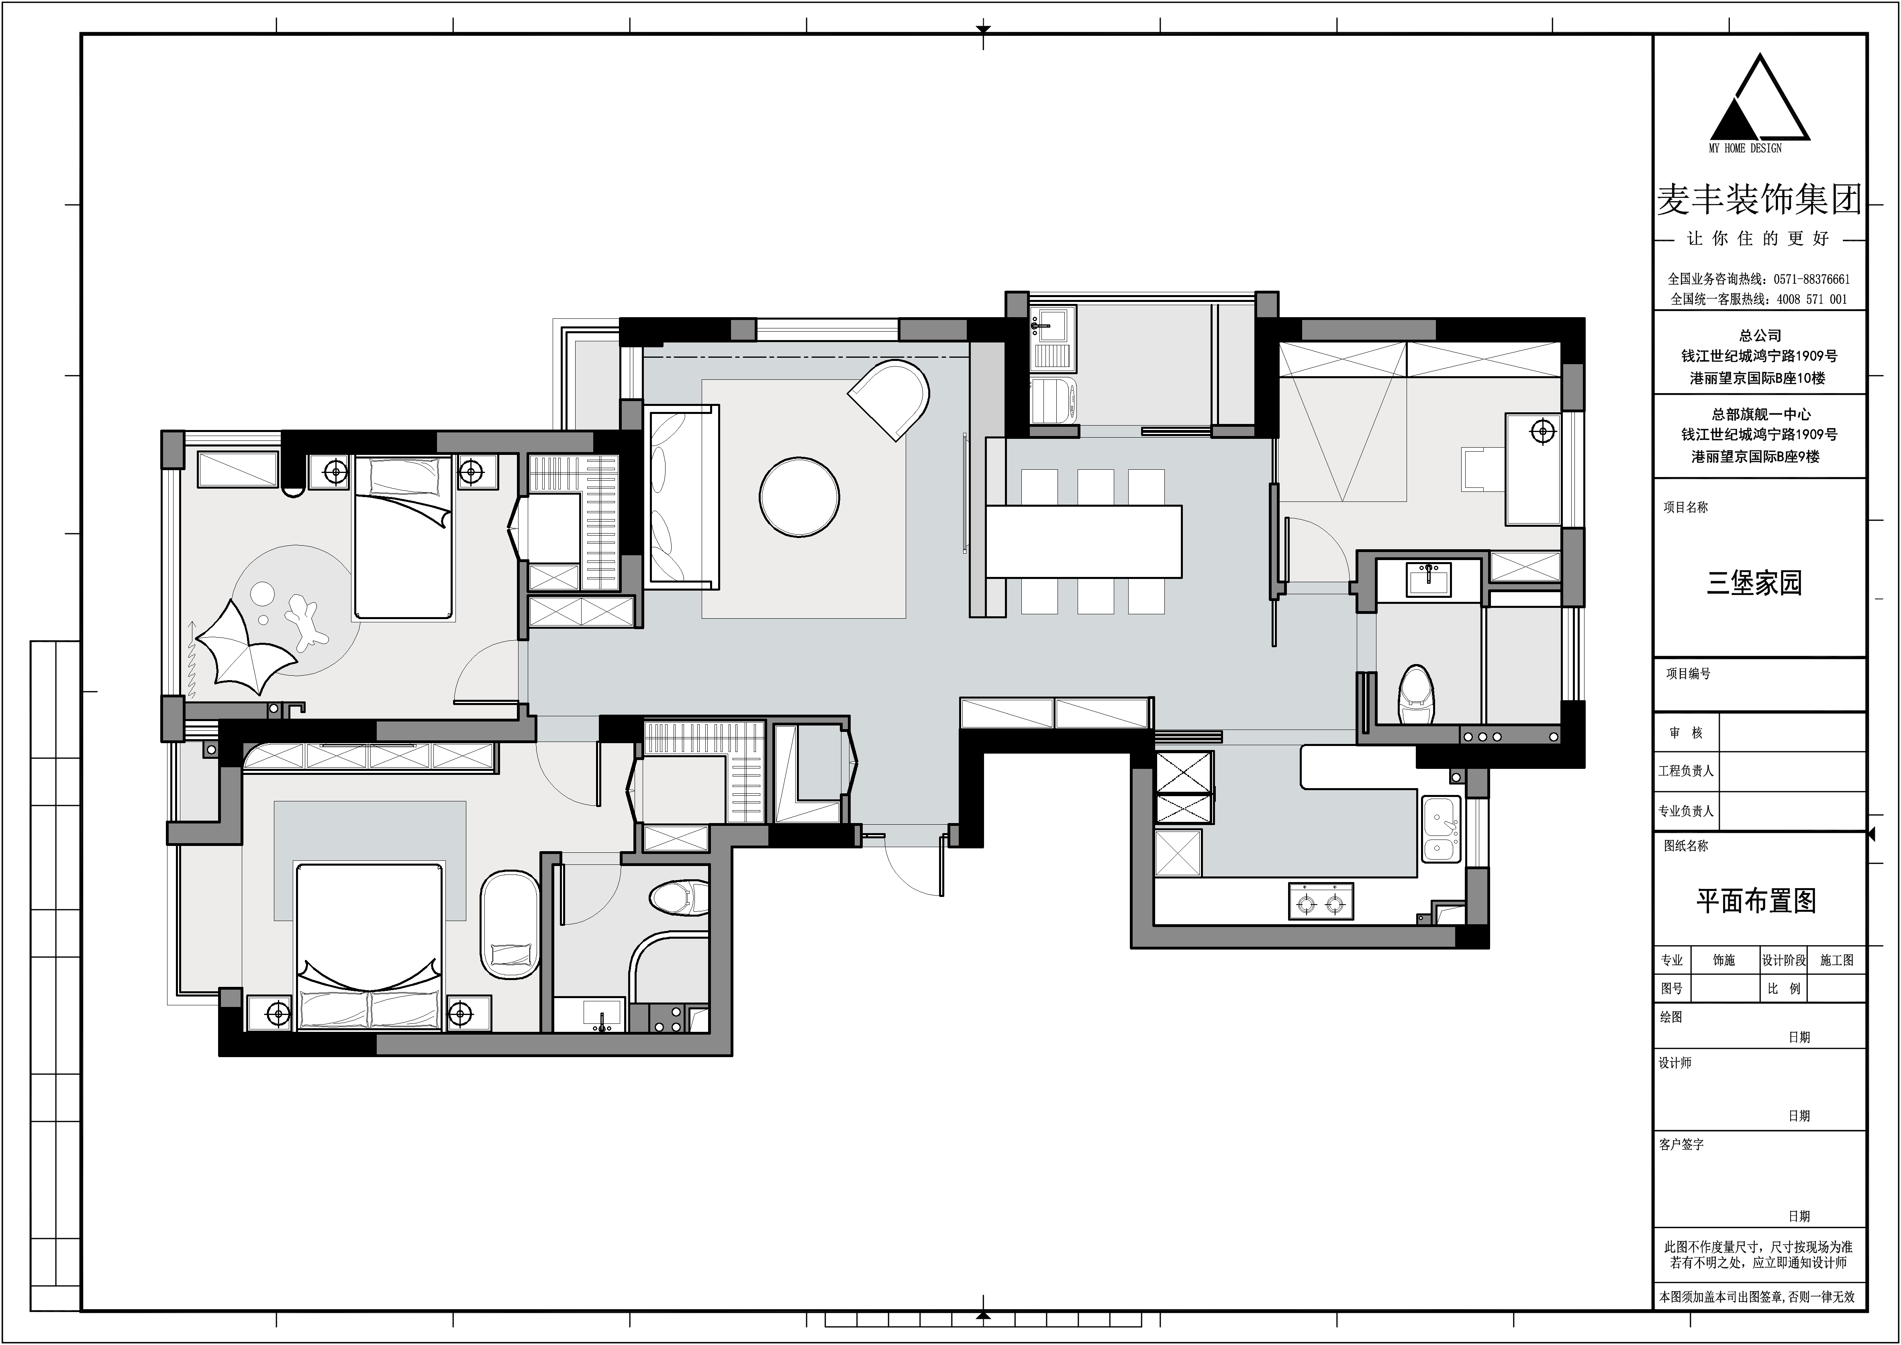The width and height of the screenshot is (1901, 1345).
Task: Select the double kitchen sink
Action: [1442, 829]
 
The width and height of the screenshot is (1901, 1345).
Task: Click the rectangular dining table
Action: [1084, 541]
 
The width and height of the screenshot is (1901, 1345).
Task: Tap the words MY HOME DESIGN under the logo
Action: [1745, 148]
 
